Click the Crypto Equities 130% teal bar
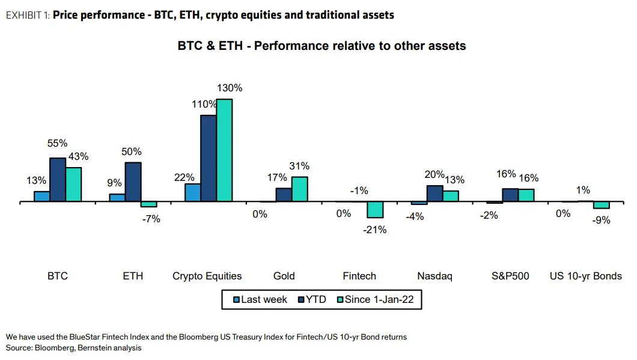(224, 150)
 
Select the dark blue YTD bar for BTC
(58, 180)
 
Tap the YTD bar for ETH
(133, 182)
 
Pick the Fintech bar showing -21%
(375, 209)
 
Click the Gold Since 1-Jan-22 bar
(299, 189)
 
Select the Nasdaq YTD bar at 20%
(434, 194)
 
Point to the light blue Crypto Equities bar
(192, 192)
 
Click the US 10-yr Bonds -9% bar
(601, 205)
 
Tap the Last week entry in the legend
(258, 299)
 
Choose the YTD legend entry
(312, 299)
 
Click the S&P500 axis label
(510, 276)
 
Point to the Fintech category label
(359, 276)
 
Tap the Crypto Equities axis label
(207, 276)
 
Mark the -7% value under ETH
(151, 219)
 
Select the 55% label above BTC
(58, 144)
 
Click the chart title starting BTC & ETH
(322, 46)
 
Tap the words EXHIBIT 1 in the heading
(28, 14)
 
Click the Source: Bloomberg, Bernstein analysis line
(74, 348)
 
